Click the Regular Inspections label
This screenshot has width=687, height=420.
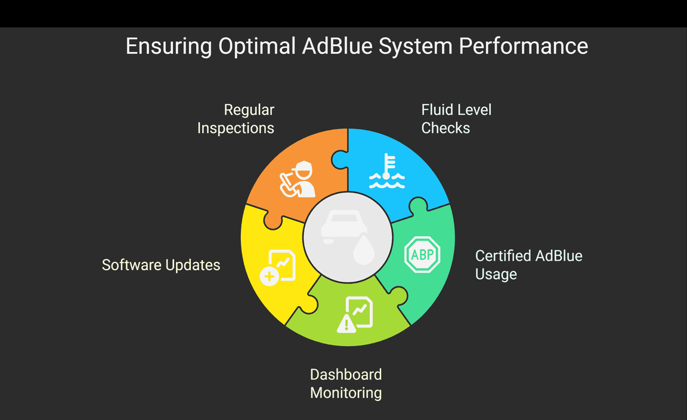[236, 119]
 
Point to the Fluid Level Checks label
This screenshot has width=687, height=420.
[456, 119]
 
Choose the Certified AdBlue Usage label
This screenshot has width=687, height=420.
[528, 264]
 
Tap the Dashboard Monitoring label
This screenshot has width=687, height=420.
[346, 383]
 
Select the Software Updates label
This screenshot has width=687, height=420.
[161, 265]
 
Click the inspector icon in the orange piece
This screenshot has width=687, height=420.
[299, 179]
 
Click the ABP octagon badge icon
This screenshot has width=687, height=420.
[422, 255]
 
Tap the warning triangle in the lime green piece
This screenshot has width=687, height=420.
[345, 324]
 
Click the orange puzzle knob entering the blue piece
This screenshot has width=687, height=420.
[340, 159]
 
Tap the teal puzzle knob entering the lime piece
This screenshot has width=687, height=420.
[398, 295]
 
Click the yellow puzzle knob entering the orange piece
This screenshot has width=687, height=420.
[272, 220]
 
